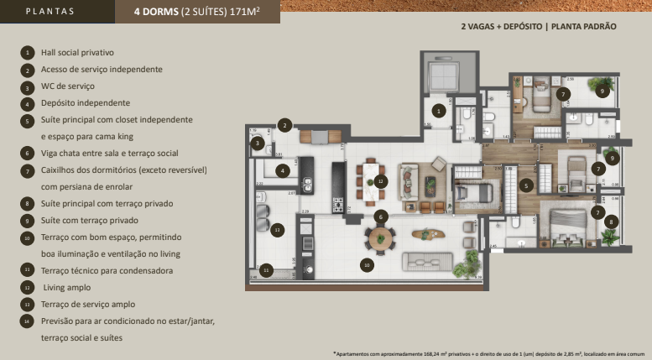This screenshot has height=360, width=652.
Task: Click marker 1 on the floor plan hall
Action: point(439,110)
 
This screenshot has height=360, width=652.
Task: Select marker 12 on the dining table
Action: point(380,180)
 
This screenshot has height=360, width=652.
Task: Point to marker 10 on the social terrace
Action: point(367,264)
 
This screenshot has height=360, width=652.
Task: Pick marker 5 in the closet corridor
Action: point(526,185)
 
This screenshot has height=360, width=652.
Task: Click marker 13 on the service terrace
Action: point(278,228)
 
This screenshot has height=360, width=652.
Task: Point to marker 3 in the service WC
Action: point(257,143)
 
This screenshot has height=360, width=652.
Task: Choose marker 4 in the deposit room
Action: point(284,170)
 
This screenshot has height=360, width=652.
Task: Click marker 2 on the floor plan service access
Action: point(285,125)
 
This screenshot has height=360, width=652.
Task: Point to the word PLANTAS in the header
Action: point(50,12)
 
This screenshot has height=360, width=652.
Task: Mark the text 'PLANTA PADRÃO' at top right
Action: point(585,27)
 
